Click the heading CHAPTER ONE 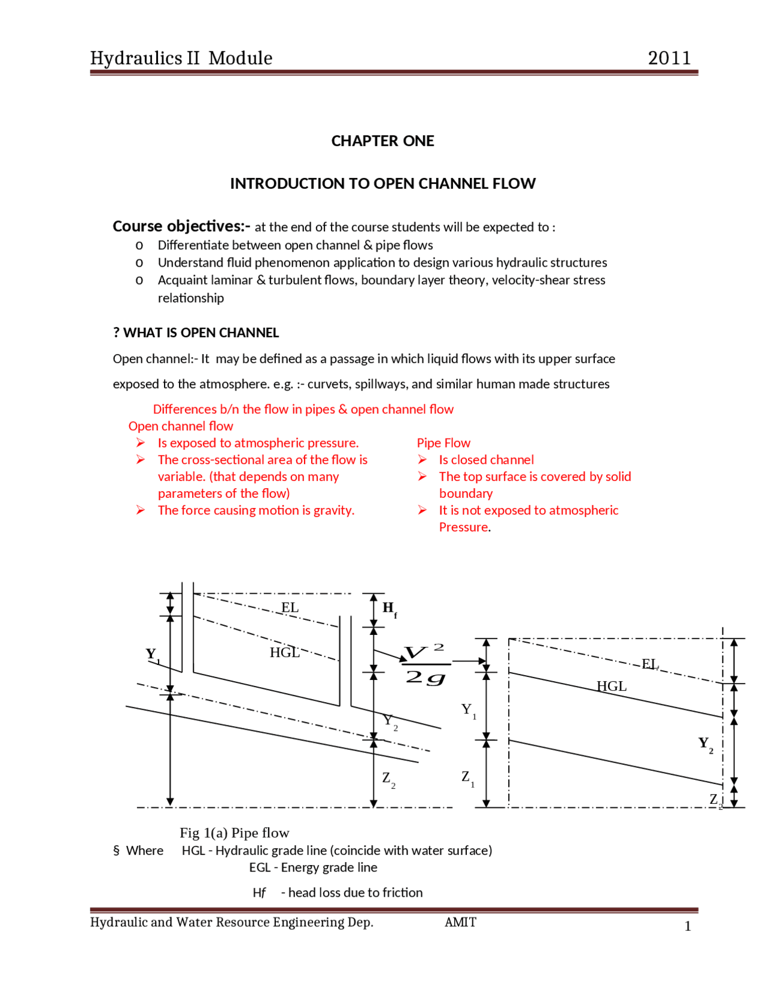[x=382, y=141]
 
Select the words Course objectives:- [x=181, y=226]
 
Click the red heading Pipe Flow [x=443, y=443]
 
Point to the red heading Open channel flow [x=180, y=426]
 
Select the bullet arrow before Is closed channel [x=422, y=459]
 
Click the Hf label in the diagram [x=389, y=609]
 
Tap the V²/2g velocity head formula [x=425, y=664]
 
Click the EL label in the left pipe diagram [x=290, y=607]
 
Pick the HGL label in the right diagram [x=611, y=686]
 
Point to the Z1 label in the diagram [x=467, y=778]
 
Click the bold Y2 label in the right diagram [x=705, y=744]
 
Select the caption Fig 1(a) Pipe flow [x=234, y=833]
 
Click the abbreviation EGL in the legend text [x=260, y=867]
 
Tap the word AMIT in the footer [x=460, y=922]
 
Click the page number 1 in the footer [x=687, y=926]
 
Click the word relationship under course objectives [x=190, y=298]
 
